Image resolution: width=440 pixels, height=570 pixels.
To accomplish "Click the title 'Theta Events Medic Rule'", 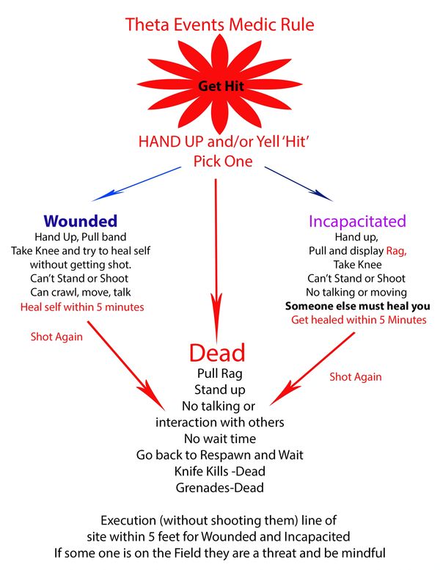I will [x=220, y=24].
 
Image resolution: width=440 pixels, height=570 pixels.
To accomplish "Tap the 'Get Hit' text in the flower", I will [x=219, y=86].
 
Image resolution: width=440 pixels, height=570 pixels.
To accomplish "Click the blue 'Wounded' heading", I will [x=80, y=220].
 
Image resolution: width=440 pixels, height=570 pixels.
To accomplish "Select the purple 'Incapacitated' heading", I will [x=357, y=221].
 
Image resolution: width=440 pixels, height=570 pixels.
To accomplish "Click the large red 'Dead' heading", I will [x=217, y=353].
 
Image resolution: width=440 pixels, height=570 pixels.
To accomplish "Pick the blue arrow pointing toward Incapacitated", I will [x=301, y=182].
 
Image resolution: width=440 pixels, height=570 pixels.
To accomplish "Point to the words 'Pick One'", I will [x=223, y=161].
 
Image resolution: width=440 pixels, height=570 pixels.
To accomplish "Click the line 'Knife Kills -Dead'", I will [x=219, y=470].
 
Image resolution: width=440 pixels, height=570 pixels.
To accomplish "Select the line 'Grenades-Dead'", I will [x=219, y=486].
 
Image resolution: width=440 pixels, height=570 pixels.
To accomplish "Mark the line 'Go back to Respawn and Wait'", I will [x=219, y=454].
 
